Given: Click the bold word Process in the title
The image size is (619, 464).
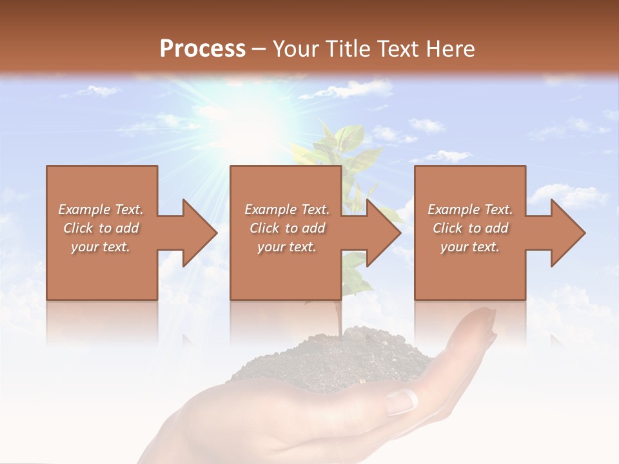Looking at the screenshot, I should coord(202,48).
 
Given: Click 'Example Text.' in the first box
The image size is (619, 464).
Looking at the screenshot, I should coord(101,209).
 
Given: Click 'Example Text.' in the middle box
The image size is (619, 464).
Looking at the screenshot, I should coord(287,209).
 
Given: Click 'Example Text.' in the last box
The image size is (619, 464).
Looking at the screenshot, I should coord(470,209).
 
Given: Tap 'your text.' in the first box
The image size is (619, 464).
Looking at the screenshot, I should coord(101,247).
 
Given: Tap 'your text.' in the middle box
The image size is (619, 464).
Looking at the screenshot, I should coord(286,247).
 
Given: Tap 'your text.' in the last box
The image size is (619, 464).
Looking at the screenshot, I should coord(469,247).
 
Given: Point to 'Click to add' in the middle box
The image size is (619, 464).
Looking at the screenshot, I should coord(287,228).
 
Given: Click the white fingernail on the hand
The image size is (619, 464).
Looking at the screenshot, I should coord(402,402).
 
